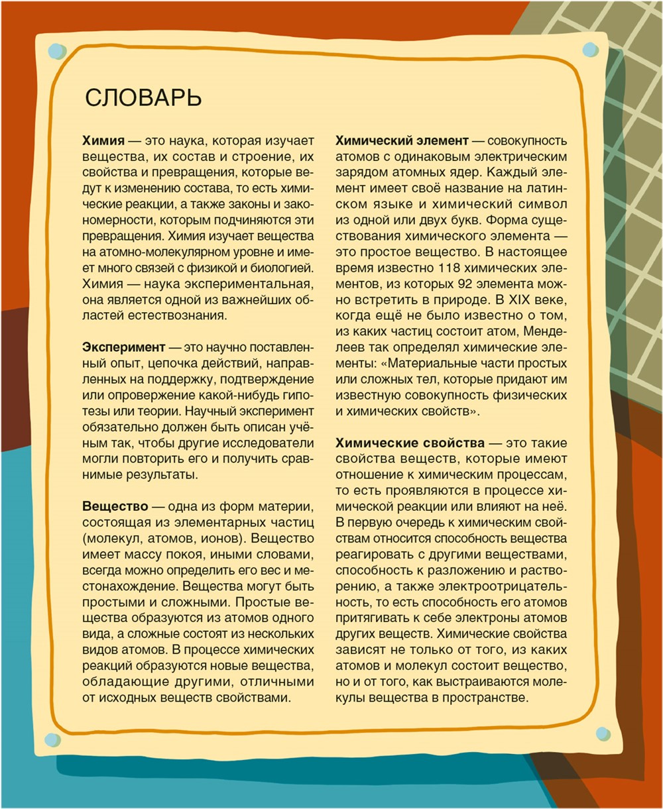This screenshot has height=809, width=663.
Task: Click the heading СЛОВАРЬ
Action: (143, 98)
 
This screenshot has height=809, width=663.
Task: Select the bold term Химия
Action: (103, 141)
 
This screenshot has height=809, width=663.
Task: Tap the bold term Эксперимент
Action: (123, 347)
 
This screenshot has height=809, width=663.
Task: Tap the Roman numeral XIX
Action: (514, 299)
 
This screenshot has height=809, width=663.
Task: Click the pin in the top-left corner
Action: (58, 50)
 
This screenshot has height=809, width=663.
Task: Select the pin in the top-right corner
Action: (589, 50)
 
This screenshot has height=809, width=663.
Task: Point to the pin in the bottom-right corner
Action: (602, 733)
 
